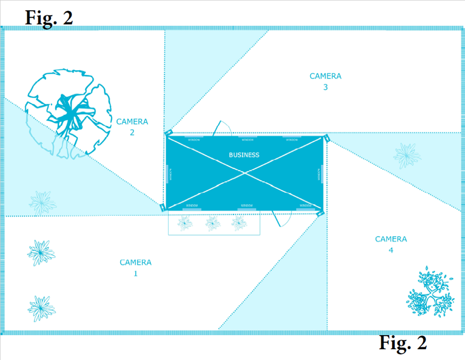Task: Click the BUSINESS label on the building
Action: [244, 155]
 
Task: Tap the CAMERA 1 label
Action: [136, 268]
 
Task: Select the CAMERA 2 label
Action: [132, 127]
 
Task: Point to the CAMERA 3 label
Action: [325, 82]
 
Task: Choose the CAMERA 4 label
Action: [391, 244]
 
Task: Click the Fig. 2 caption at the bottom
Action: [403, 342]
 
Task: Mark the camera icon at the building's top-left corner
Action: [168, 133]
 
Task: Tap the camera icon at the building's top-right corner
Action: [326, 138]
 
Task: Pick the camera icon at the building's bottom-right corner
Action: [320, 212]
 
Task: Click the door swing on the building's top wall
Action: [226, 128]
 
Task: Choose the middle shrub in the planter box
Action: [213, 223]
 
